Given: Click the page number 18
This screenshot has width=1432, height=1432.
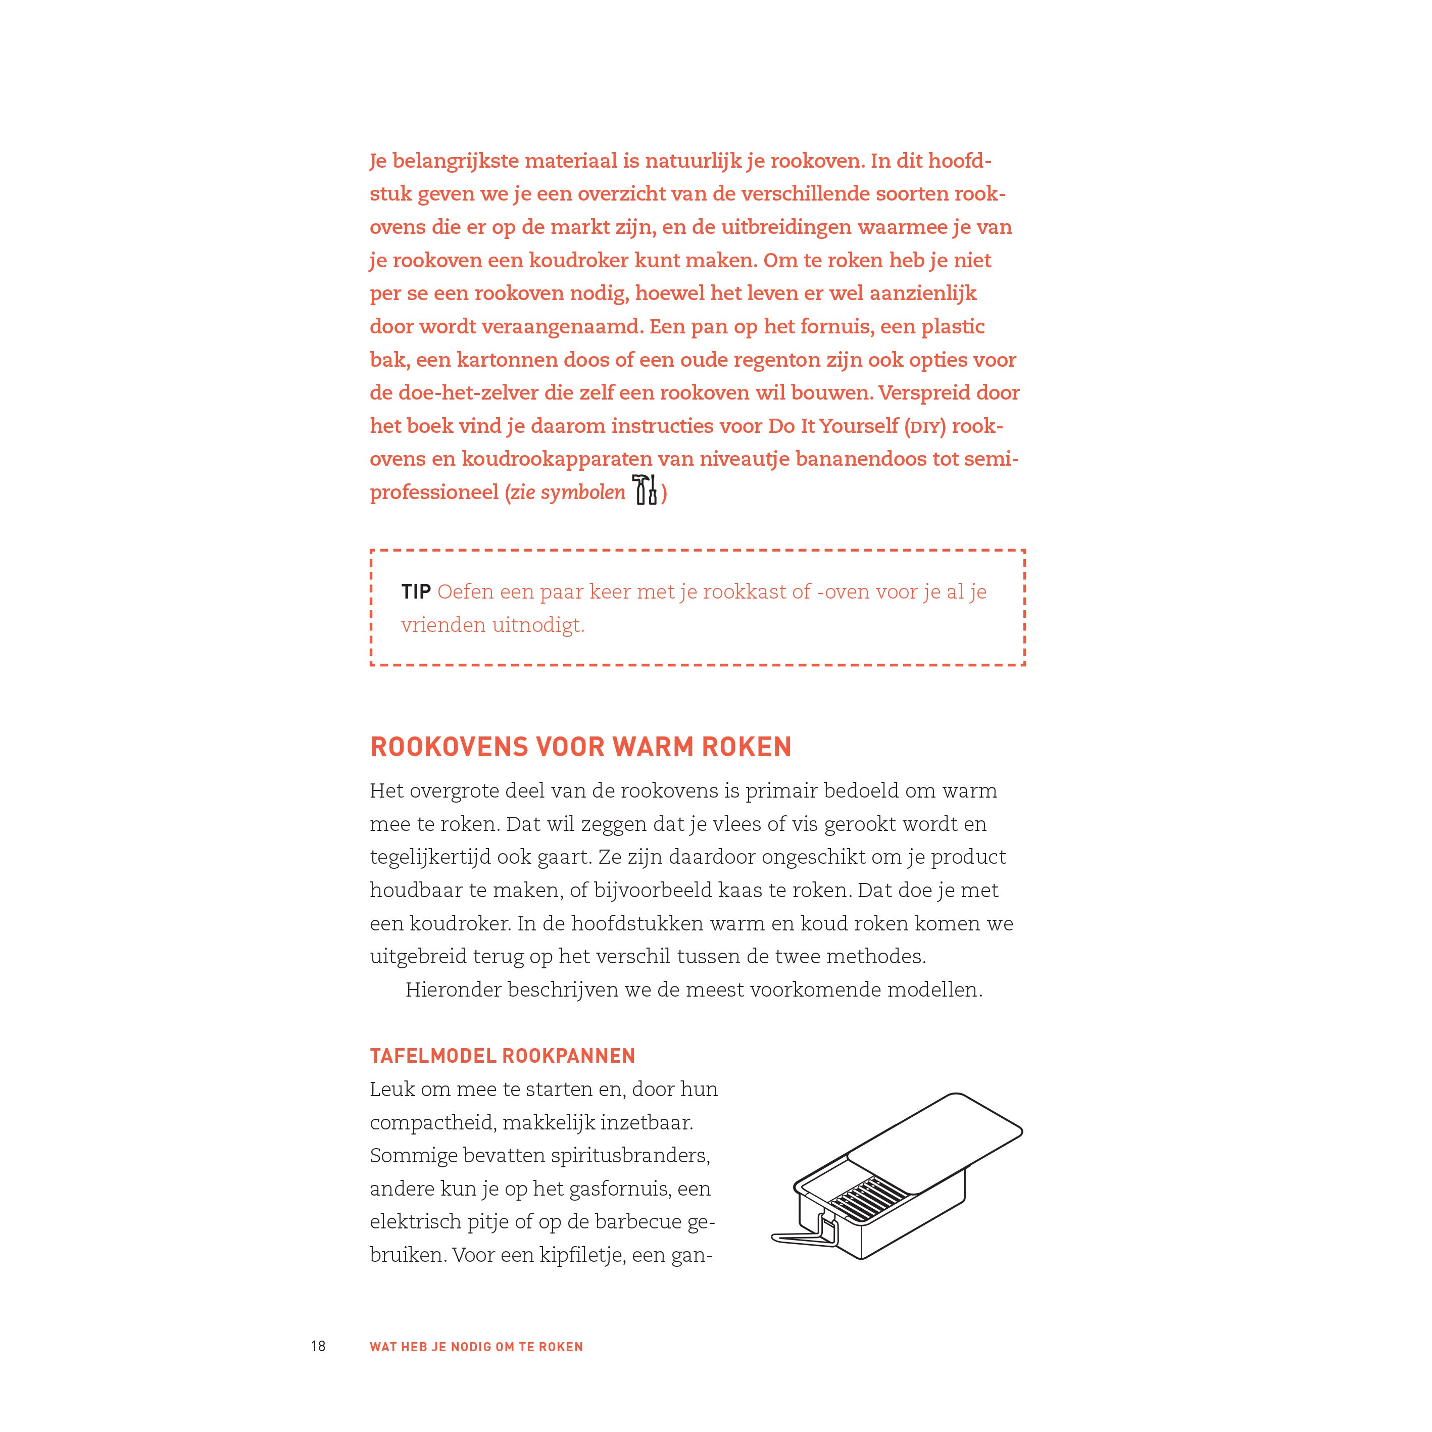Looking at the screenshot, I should click(x=318, y=1346).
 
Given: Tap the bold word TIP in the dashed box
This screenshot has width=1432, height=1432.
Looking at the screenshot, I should click(x=416, y=591).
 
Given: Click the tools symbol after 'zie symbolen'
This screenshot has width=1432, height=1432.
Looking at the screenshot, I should click(x=645, y=490).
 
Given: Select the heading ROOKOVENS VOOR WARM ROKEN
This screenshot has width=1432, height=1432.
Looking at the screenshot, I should click(x=580, y=747).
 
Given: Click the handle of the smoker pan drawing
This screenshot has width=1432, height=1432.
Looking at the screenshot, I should click(x=804, y=1234).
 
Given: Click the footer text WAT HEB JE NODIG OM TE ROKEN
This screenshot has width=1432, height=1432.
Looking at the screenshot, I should click(x=476, y=1347).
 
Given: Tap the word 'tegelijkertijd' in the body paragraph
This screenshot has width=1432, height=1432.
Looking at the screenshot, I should click(x=433, y=857).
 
